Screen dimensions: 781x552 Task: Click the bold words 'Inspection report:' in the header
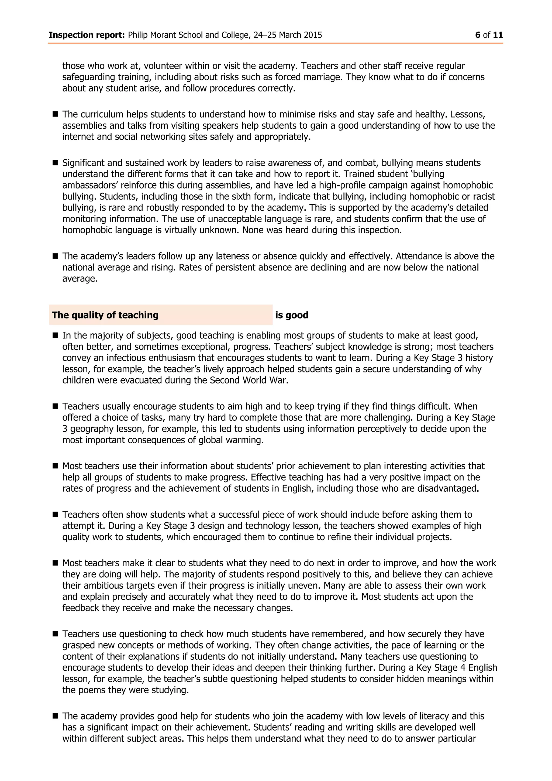coord(87,35)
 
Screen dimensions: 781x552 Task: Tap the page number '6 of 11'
coord(489,35)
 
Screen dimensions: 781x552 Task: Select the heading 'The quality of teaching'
coord(105,315)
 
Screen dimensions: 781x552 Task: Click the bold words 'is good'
coord(292,315)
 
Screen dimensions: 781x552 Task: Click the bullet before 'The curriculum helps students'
coord(56,114)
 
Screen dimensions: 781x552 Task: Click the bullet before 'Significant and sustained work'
coord(56,163)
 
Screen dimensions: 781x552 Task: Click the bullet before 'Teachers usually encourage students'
coord(56,406)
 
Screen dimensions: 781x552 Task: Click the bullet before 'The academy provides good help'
coord(56,716)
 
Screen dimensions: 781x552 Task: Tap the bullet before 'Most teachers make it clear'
coord(56,563)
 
